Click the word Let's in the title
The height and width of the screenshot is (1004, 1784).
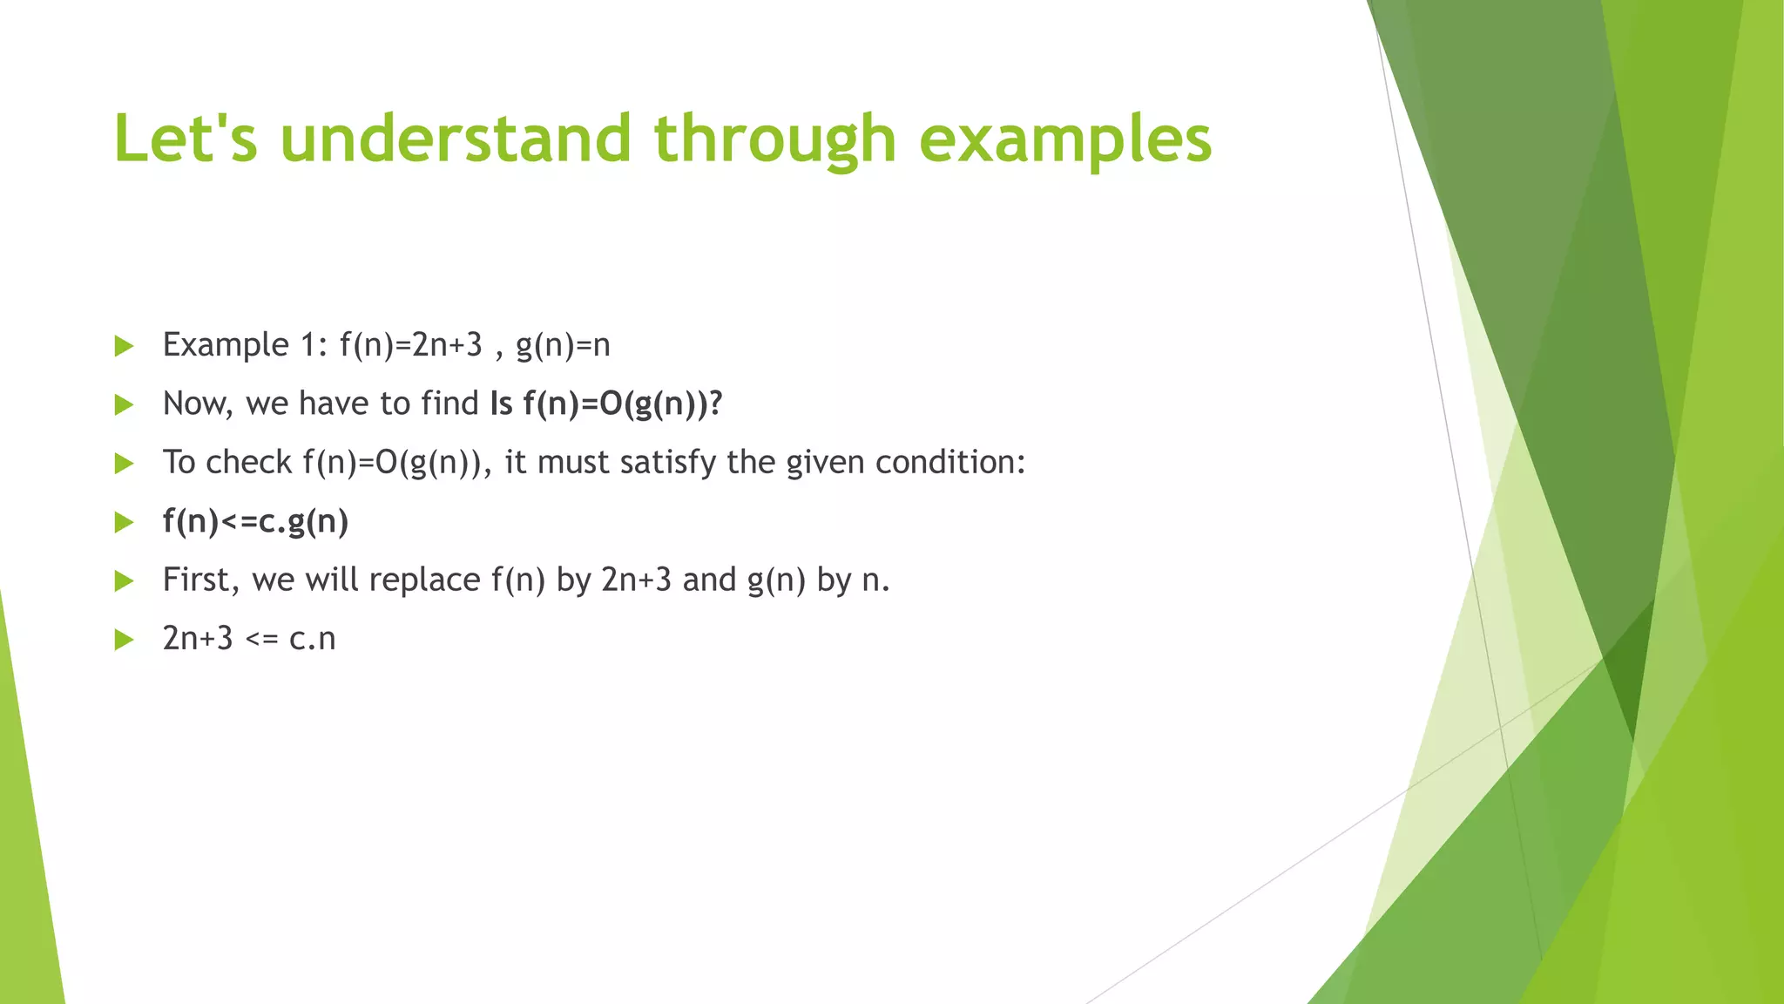(186, 139)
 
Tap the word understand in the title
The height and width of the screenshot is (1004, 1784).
(455, 139)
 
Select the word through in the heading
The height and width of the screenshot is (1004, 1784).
(774, 139)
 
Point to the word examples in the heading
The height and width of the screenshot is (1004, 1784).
(1064, 140)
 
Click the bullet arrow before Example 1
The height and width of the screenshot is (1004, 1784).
(124, 346)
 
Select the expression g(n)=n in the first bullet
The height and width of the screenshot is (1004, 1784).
(563, 345)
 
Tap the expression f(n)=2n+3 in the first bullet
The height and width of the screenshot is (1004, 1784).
(410, 345)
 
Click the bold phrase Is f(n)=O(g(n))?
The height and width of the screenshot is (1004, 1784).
(606, 404)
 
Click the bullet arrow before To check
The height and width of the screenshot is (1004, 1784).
(124, 464)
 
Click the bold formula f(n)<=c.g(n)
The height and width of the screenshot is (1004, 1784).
(255, 521)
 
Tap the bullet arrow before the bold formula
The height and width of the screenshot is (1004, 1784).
(124, 523)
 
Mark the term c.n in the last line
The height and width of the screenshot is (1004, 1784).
(312, 639)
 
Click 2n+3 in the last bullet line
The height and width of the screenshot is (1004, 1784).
(198, 639)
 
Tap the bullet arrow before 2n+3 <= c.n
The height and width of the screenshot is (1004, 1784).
(124, 641)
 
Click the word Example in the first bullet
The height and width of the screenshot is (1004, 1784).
(225, 345)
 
